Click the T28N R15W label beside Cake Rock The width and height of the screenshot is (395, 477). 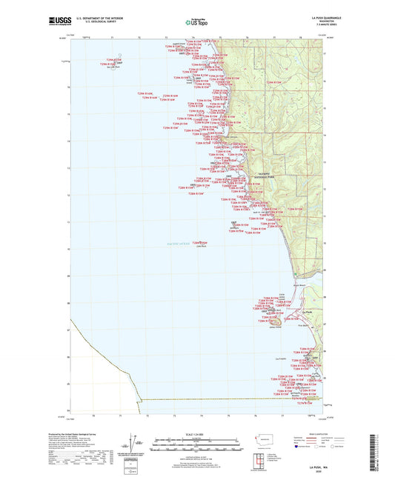click(x=199, y=241)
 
